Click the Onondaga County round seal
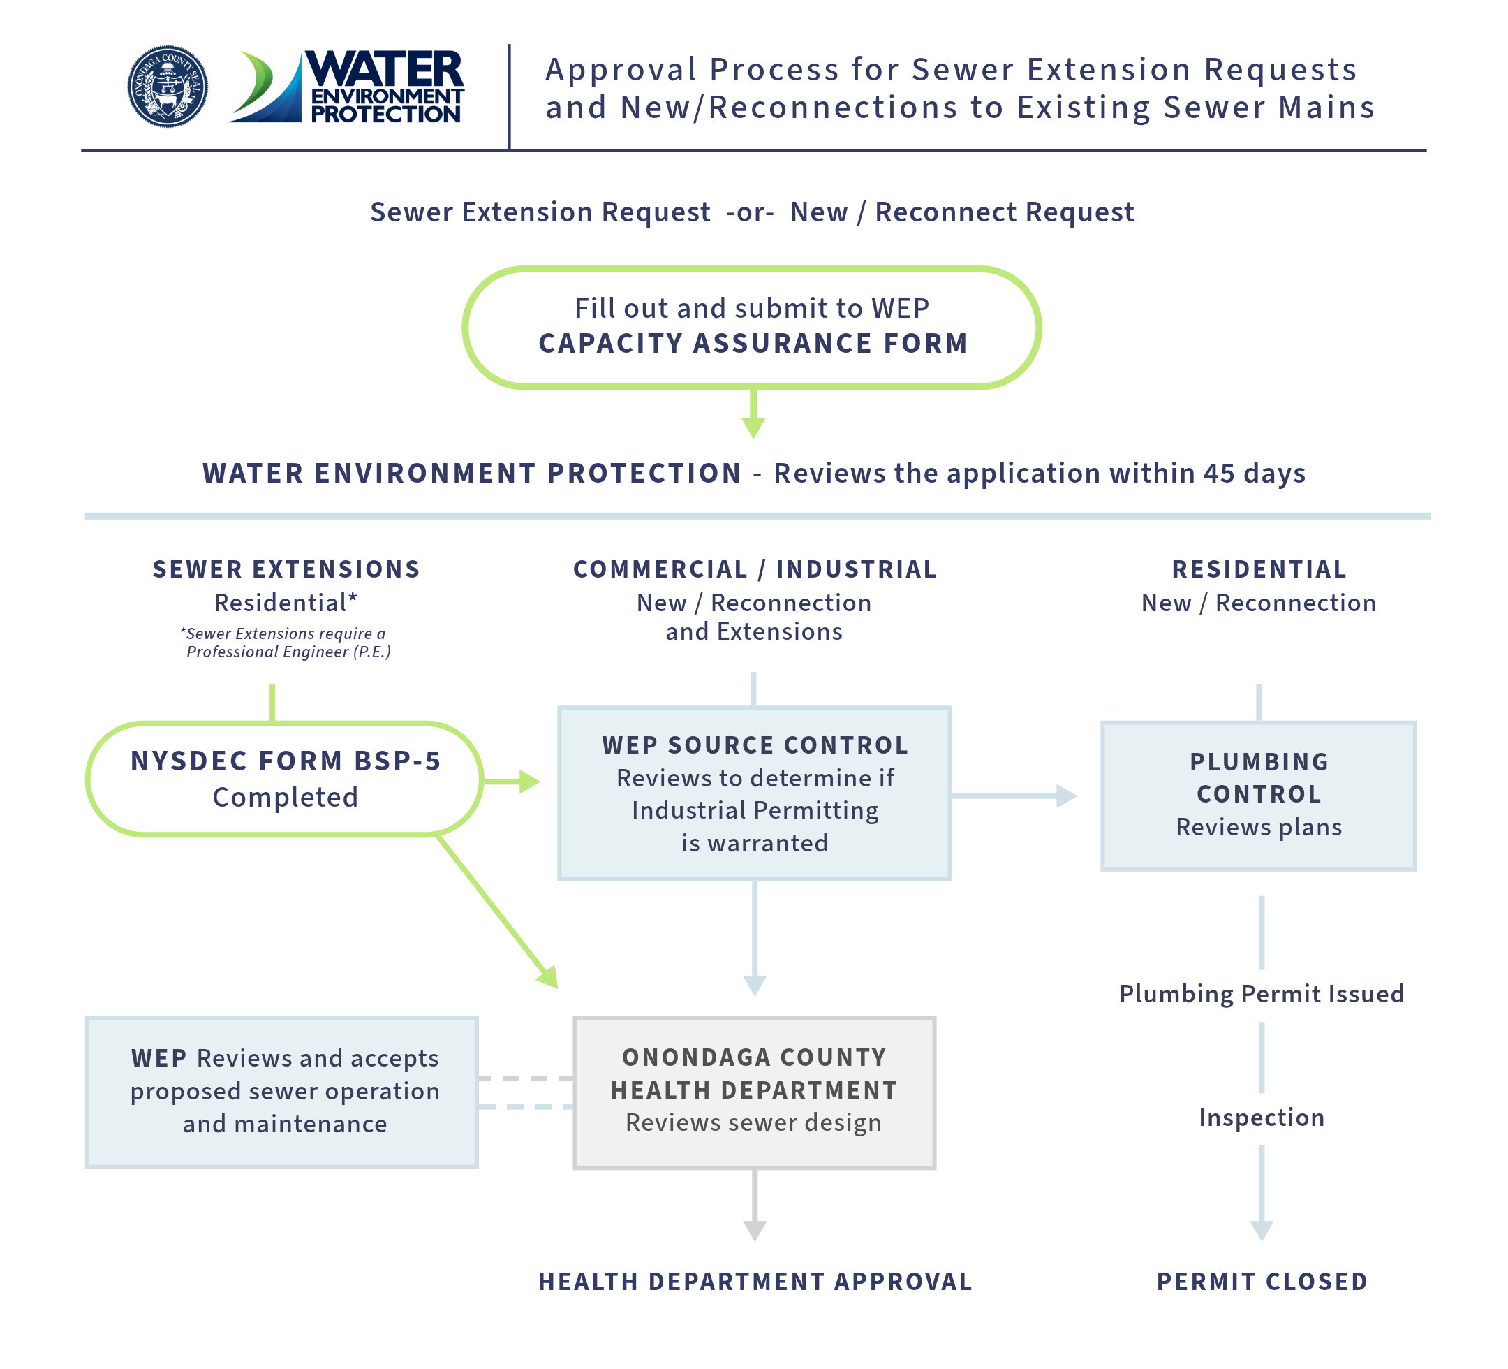click(x=168, y=86)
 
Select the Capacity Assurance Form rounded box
click(x=753, y=327)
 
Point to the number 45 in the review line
click(x=1218, y=474)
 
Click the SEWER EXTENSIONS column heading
click(x=286, y=570)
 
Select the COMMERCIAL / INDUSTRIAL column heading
click(x=755, y=570)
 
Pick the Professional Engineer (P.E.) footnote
click(x=286, y=643)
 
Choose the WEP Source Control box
click(x=755, y=793)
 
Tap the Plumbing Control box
click(x=1258, y=796)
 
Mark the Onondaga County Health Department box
click(x=754, y=1092)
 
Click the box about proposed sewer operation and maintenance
click(x=282, y=1091)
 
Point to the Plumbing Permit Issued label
click(x=1261, y=994)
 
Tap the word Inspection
click(x=1261, y=1118)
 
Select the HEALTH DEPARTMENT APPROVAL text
click(x=755, y=1282)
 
